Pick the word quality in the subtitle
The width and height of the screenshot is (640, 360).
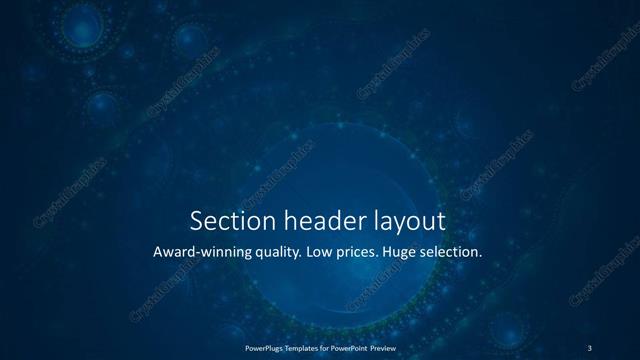[298, 253]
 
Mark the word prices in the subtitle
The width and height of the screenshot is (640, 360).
[389, 253]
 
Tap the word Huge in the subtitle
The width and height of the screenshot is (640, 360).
[437, 253]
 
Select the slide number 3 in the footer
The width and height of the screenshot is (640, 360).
[589, 347]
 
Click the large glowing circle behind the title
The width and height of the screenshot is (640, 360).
[320, 190]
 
